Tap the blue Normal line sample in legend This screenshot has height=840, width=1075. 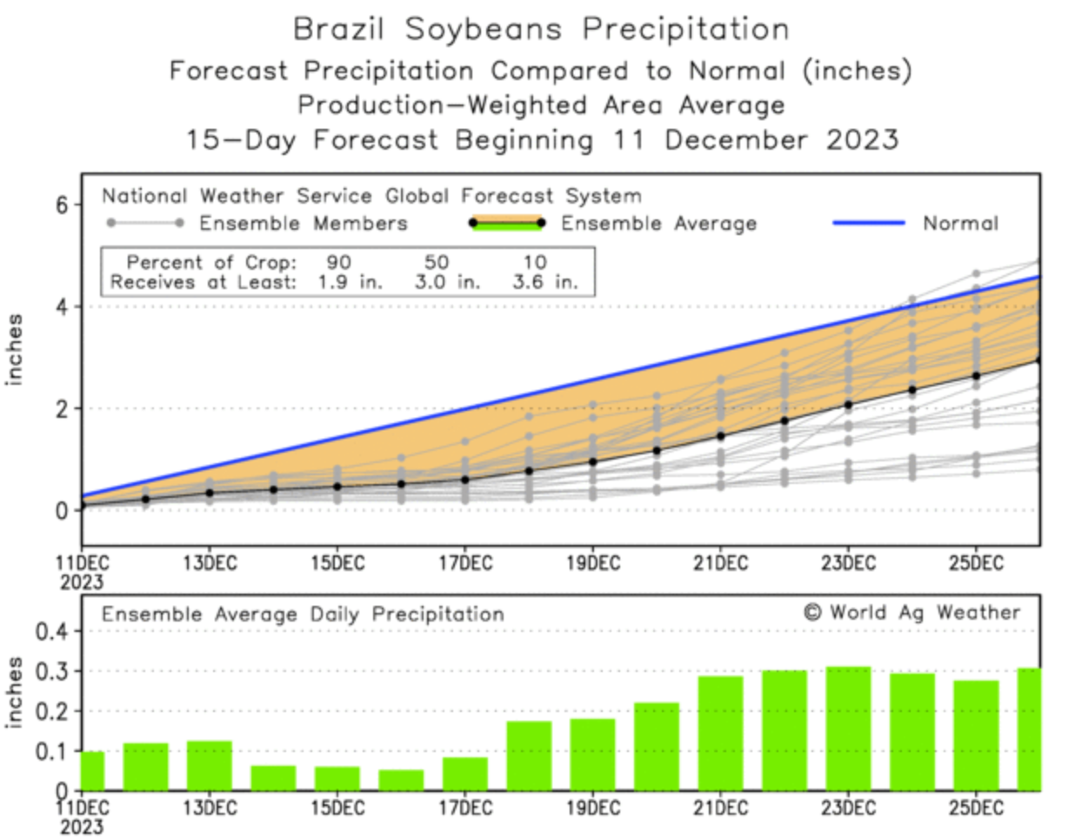pyautogui.click(x=868, y=223)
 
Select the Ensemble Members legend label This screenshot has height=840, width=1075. pyautogui.click(x=303, y=224)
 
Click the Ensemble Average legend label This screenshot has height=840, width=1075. pyautogui.click(x=658, y=224)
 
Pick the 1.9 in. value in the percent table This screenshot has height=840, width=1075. pyautogui.click(x=350, y=282)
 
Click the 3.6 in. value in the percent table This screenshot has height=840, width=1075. pyautogui.click(x=544, y=282)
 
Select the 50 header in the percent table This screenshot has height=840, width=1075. pyautogui.click(x=437, y=262)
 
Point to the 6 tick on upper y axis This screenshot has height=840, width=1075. pyautogui.click(x=62, y=205)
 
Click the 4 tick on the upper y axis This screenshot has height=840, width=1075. pyautogui.click(x=62, y=306)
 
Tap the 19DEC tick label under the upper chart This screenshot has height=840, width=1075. pyautogui.click(x=593, y=563)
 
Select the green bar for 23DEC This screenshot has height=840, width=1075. pyautogui.click(x=848, y=729)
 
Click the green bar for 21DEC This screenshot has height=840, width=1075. pyautogui.click(x=720, y=734)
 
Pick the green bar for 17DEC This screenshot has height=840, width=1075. pyautogui.click(x=464, y=774)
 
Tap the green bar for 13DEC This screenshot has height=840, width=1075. pyautogui.click(x=209, y=765)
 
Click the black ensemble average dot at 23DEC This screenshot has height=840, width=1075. pyautogui.click(x=848, y=405)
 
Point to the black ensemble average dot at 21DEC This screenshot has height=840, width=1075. pyautogui.click(x=720, y=436)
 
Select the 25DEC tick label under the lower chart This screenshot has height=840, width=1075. pyautogui.click(x=976, y=809)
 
